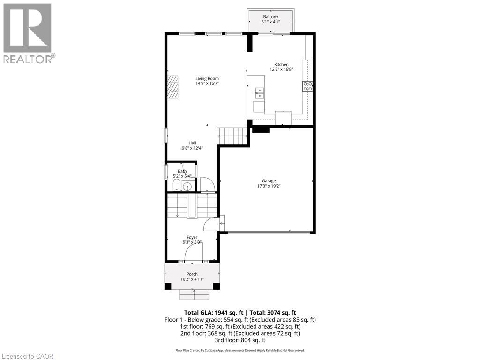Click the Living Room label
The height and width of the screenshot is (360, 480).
point(207,79)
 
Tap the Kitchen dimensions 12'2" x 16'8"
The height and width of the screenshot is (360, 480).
point(281,69)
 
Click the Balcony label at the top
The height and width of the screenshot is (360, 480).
point(271,17)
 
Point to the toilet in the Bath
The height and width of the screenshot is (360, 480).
point(176,184)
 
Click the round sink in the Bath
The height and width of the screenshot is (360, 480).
point(187,187)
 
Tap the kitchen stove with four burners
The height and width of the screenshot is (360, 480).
point(308,86)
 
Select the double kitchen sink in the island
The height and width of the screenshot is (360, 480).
point(259,93)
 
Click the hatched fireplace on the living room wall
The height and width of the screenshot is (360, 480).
point(174,87)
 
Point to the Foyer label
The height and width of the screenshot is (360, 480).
point(192,237)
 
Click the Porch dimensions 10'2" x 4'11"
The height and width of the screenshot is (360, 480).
point(192,279)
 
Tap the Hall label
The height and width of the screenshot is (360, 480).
point(192,143)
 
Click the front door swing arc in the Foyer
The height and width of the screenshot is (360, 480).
point(193,253)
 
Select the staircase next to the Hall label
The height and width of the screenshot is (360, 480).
point(232,135)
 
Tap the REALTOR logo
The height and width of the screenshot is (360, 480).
point(28,33)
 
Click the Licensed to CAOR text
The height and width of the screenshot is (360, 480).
point(27,356)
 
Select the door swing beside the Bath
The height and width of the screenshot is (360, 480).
point(207,185)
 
